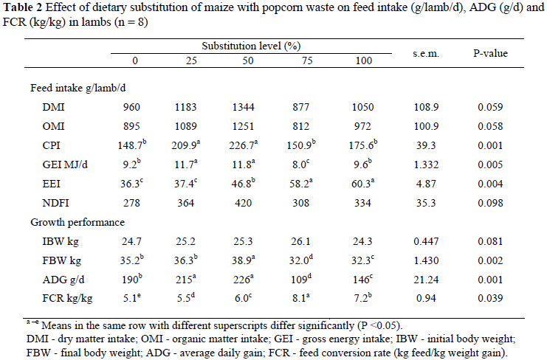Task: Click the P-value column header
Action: coord(490,54)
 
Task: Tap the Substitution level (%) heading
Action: coord(251,46)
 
